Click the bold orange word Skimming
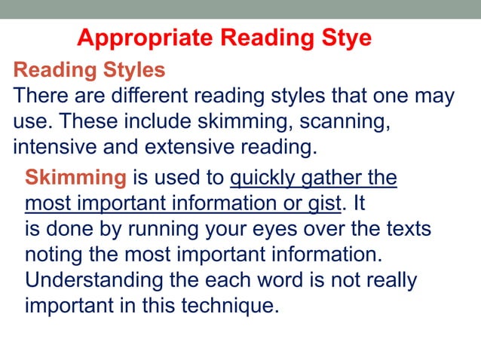[75, 178]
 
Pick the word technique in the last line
[225, 305]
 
